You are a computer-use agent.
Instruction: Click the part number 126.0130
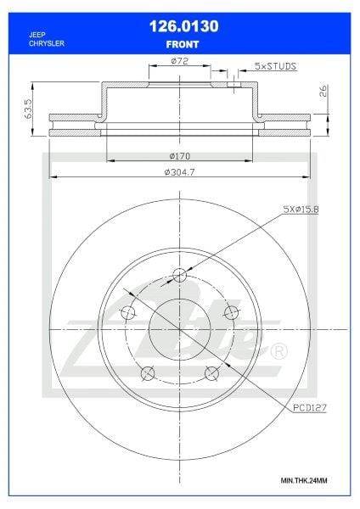tap(184, 26)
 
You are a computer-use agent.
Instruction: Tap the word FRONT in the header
tap(183, 44)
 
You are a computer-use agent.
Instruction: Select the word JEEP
tap(37, 35)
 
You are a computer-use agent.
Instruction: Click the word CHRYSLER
tap(47, 43)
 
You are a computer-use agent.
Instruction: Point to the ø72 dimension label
tap(179, 61)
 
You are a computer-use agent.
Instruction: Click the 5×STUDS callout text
tap(276, 66)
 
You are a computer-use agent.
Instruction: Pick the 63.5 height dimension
tap(29, 109)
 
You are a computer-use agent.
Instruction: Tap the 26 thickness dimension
tap(323, 91)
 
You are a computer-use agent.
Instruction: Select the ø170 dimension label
tap(180, 156)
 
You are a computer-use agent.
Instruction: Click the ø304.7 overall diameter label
tap(180, 172)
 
